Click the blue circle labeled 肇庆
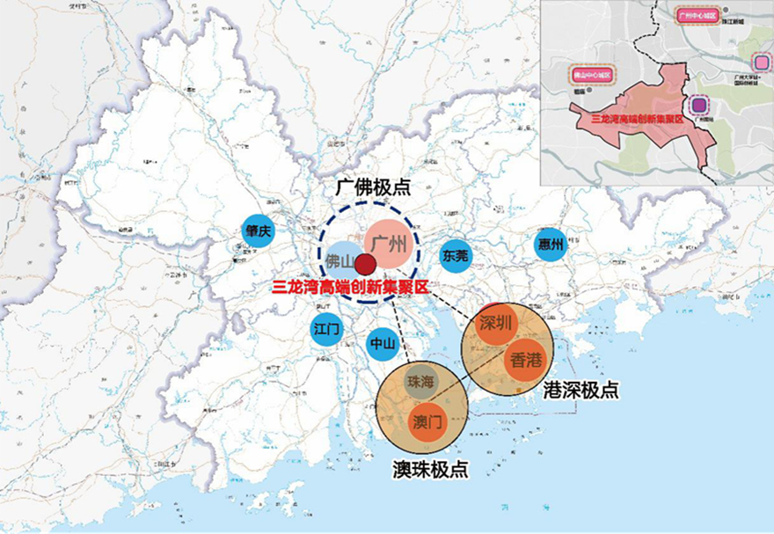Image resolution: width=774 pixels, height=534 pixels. point(259,232)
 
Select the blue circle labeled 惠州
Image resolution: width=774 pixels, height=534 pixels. point(551,245)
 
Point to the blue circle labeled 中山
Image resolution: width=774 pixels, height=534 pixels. point(382,343)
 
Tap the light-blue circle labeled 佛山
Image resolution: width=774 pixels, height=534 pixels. point(340,261)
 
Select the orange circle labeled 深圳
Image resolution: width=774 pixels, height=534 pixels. point(496,323)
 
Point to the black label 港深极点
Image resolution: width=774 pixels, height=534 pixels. point(580,390)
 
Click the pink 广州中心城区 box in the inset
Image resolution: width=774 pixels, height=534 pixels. point(698,16)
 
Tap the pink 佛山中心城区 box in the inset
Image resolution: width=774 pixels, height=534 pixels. point(594,76)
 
